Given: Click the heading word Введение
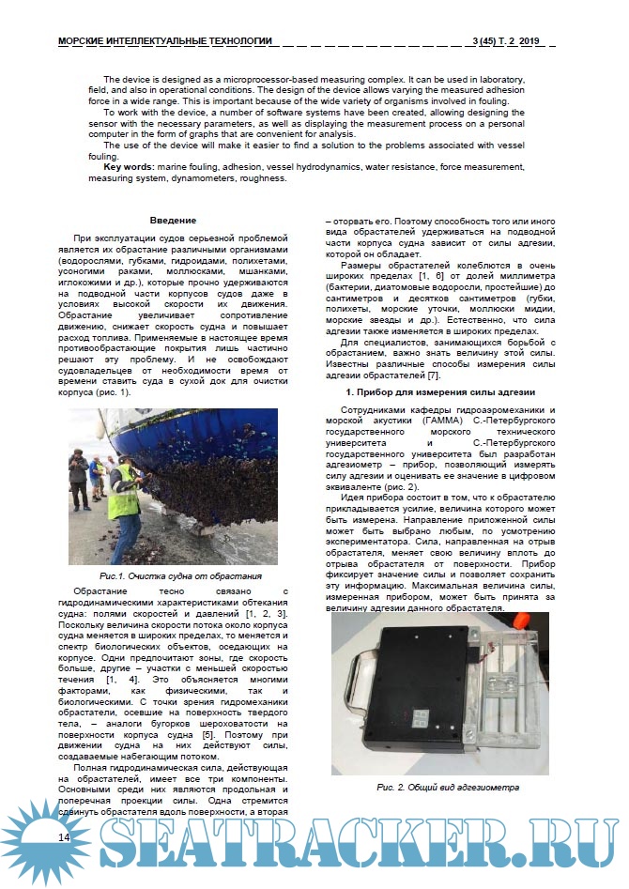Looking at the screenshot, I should click(x=173, y=221).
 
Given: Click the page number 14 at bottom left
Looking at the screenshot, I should click(x=64, y=836).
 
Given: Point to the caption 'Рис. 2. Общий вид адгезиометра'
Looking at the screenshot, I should click(x=448, y=787).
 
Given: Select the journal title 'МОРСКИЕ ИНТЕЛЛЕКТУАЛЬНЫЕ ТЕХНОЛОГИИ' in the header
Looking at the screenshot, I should click(x=165, y=41).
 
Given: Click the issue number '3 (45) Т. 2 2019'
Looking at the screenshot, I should click(x=509, y=41).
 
